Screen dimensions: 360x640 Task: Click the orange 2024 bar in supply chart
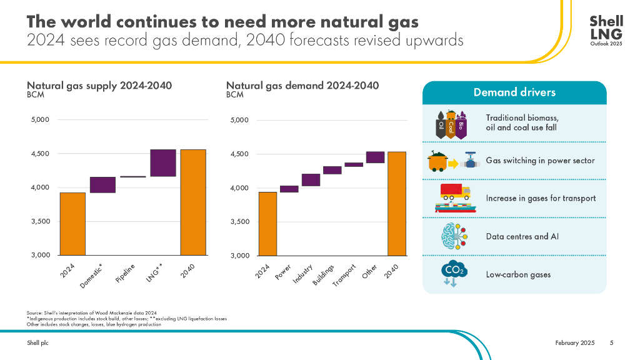click(72, 224)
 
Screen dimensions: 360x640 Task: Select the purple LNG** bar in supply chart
click(162, 163)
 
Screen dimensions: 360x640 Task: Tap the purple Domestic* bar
click(102, 185)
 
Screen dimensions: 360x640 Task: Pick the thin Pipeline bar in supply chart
click(132, 177)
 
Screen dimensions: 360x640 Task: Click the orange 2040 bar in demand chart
click(396, 203)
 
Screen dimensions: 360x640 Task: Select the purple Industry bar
click(311, 180)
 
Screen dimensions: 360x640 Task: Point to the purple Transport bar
click(354, 165)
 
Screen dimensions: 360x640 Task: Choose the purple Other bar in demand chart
click(375, 157)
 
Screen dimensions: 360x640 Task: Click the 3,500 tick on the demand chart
click(239, 222)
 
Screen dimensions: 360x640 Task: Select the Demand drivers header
click(514, 92)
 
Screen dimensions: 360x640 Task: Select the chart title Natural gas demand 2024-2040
click(302, 86)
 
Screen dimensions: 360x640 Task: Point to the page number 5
click(612, 343)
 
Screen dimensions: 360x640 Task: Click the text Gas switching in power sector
click(541, 161)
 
